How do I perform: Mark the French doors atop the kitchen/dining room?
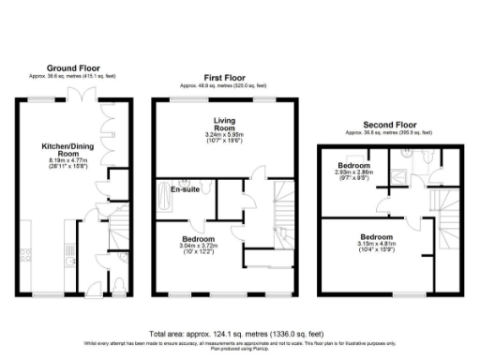click(x=87, y=98)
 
